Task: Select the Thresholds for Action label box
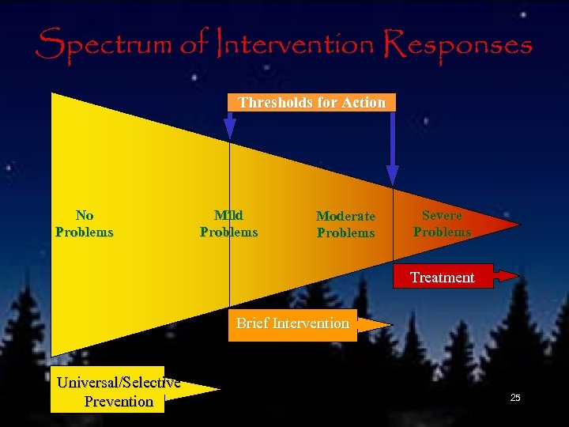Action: click(311, 103)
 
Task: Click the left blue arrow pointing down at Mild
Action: click(230, 126)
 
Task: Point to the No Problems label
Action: click(84, 224)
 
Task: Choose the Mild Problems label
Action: click(228, 224)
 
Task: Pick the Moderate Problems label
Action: click(345, 225)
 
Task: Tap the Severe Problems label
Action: click(442, 224)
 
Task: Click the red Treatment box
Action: click(443, 277)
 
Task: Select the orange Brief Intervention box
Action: click(292, 323)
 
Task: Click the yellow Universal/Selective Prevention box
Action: click(107, 390)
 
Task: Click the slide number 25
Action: click(515, 398)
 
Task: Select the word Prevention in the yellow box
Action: click(119, 402)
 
